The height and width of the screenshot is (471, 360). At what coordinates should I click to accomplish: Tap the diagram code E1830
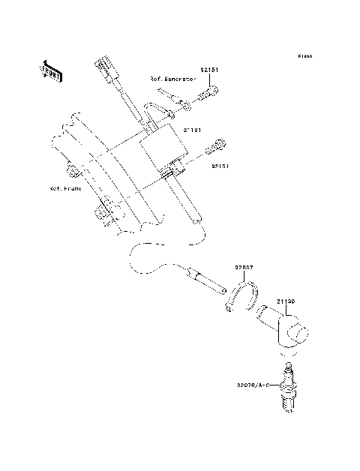(x=304, y=56)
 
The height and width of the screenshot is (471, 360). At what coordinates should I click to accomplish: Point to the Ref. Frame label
(x=64, y=189)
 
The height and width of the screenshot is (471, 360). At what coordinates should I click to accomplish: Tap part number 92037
(x=244, y=266)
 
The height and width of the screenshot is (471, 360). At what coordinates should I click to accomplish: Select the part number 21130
(x=284, y=301)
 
